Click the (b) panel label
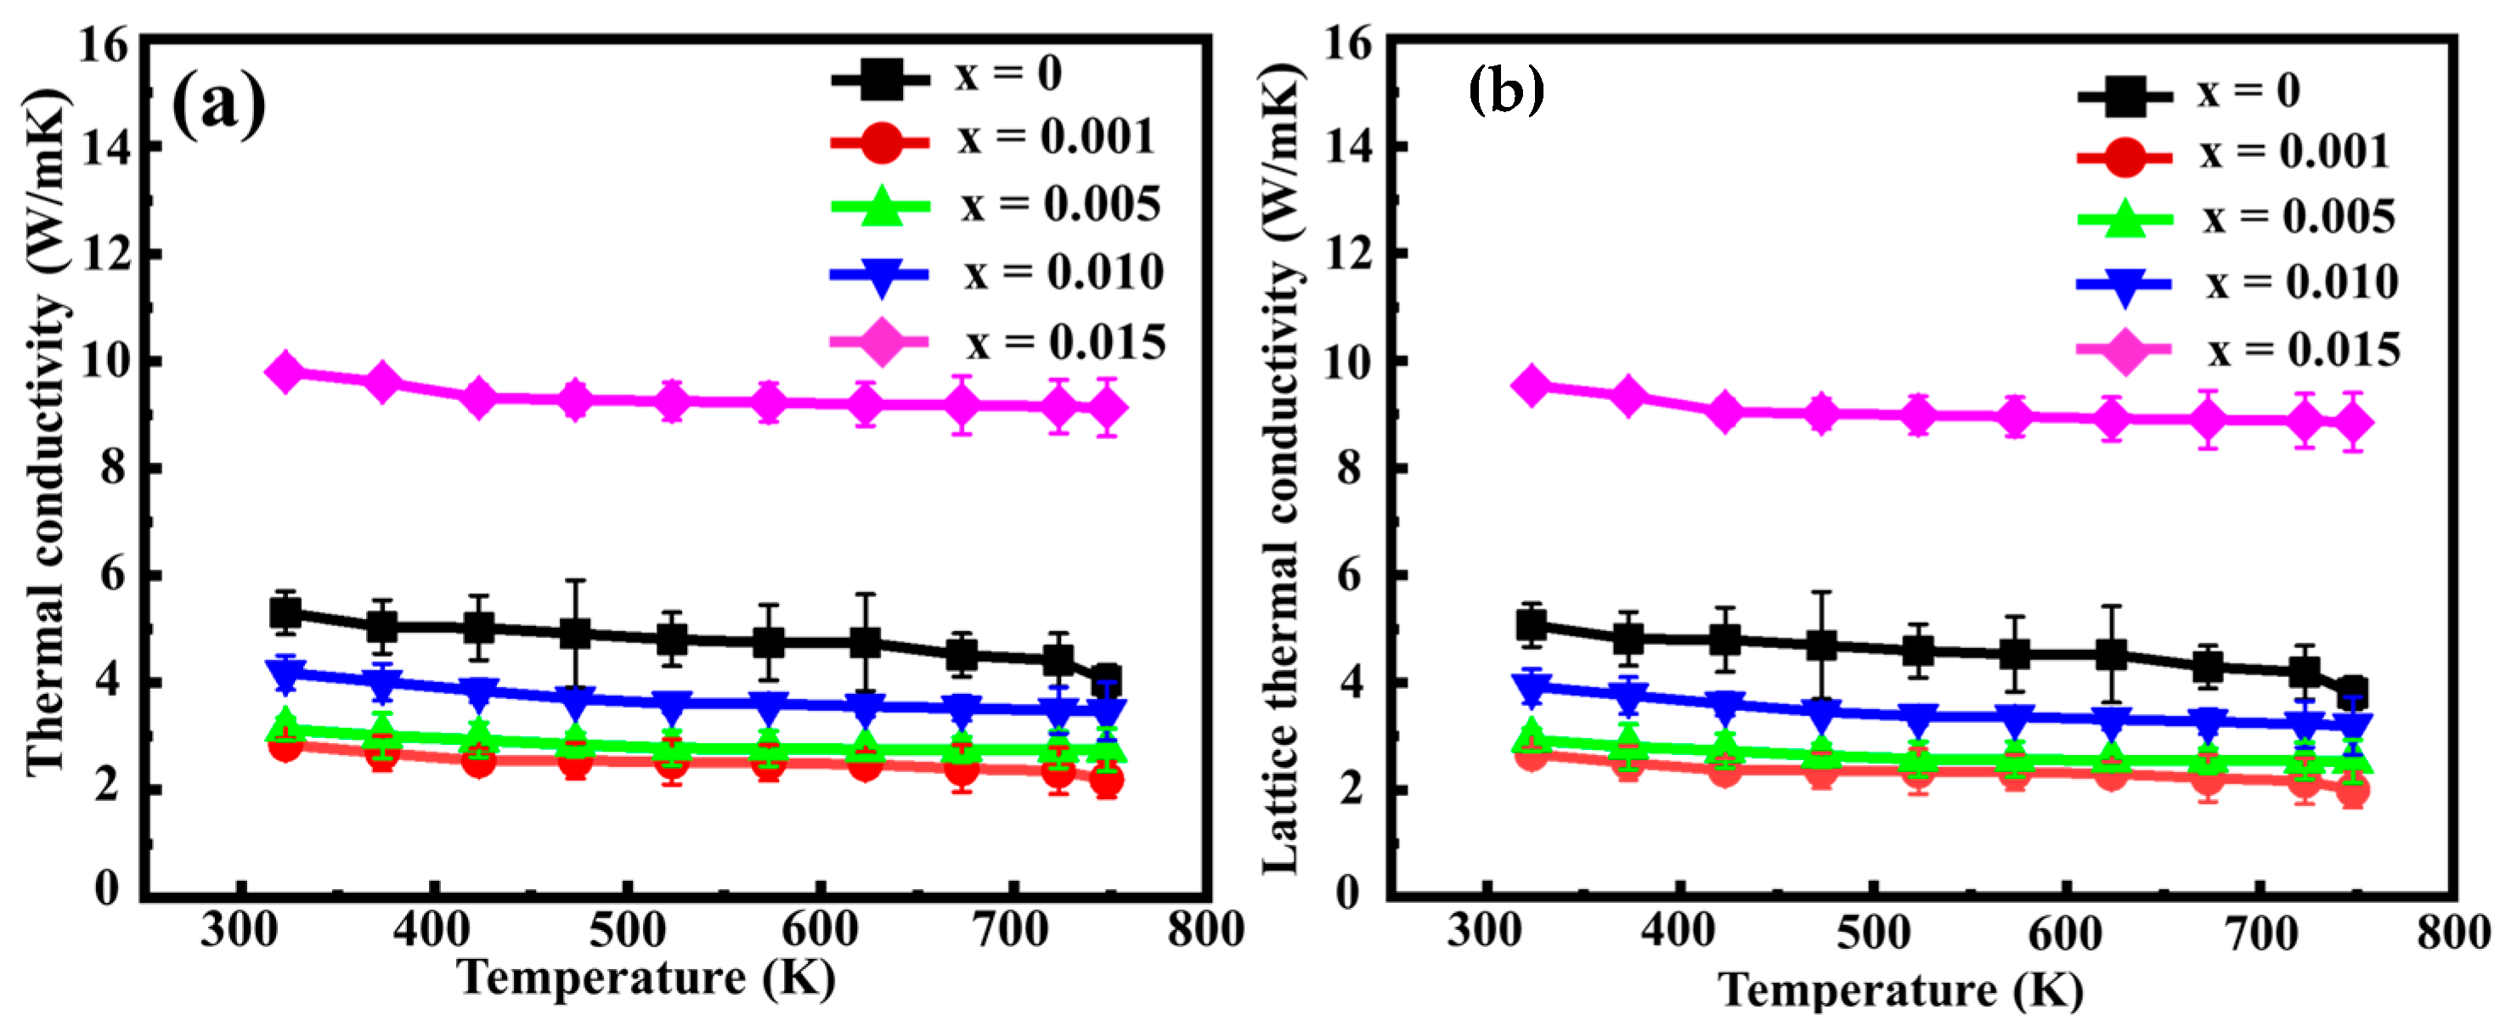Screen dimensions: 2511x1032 click(x=1506, y=91)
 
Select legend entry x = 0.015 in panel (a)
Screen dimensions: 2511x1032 click(x=1065, y=342)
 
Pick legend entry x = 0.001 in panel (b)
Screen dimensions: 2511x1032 click(x=2294, y=152)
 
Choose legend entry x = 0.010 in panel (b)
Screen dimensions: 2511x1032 click(x=2301, y=283)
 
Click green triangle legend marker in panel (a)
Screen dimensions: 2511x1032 click(x=880, y=206)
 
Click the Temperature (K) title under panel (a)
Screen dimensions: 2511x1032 click(x=646, y=978)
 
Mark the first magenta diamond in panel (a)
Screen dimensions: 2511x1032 click(x=285, y=371)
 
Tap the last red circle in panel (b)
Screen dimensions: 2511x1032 click(x=2352, y=790)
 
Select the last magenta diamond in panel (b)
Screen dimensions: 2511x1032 click(x=2353, y=422)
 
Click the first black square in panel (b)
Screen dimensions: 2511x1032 click(x=1532, y=624)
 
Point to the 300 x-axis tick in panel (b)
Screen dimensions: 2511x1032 click(x=1484, y=932)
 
